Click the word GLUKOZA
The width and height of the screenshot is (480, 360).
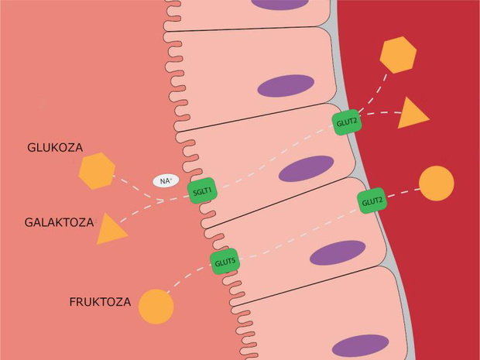(x=55, y=148)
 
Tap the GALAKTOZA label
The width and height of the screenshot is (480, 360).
(x=59, y=222)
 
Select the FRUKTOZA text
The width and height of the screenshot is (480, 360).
(x=100, y=302)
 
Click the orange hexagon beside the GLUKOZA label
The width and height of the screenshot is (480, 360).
(x=97, y=171)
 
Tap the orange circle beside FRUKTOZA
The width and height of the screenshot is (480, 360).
(x=156, y=307)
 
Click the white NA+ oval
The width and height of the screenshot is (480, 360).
(x=166, y=181)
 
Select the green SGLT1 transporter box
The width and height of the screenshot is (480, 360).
(x=203, y=190)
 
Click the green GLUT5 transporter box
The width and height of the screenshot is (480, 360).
(x=225, y=262)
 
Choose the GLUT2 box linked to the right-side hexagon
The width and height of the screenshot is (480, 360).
(x=347, y=122)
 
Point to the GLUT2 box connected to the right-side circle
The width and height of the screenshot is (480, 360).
(x=372, y=201)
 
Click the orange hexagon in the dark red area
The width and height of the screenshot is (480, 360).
(x=398, y=55)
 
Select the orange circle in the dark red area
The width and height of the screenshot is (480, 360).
(x=437, y=183)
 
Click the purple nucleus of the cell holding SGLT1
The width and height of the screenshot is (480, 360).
(x=306, y=169)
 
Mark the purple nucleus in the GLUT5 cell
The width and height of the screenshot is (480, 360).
(x=338, y=252)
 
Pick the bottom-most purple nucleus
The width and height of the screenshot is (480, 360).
(x=360, y=345)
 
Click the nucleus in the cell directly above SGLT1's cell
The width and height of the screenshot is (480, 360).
(x=286, y=86)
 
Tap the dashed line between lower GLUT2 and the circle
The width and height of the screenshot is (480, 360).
(x=403, y=193)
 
